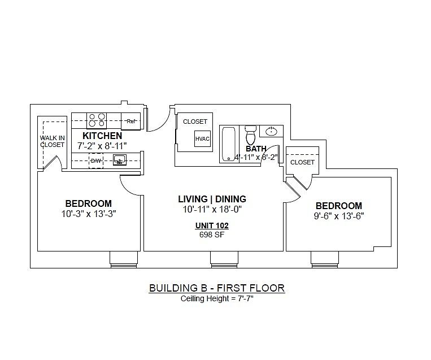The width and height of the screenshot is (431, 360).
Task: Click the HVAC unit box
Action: click(202, 138)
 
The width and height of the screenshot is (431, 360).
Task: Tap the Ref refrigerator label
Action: click(132, 121)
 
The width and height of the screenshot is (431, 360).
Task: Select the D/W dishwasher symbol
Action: click(96, 161)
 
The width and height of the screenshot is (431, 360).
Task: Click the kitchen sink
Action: click(120, 160)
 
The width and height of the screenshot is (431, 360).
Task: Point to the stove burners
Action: click(97, 120)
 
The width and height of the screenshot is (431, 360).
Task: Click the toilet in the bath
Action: click(250, 135)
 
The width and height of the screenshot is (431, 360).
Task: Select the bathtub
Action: click(229, 144)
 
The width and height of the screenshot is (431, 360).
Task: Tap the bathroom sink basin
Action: click(272, 131)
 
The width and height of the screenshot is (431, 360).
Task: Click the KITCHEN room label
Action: click(102, 136)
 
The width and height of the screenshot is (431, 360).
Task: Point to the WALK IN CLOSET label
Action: click(52, 141)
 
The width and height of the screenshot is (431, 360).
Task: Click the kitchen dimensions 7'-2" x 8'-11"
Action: click(102, 145)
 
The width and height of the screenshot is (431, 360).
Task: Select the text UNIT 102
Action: click(212, 225)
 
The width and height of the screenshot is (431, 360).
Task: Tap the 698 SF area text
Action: click(212, 235)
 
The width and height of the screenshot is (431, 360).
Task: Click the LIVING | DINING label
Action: click(212, 199)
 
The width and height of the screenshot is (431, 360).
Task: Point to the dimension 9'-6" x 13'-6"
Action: click(339, 216)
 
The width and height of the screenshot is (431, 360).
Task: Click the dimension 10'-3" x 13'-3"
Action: click(89, 214)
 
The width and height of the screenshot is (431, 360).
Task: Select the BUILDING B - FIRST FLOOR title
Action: click(217, 288)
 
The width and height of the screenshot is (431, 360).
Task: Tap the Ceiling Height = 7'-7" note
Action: click(217, 298)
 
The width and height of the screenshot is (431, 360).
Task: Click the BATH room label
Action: click(256, 149)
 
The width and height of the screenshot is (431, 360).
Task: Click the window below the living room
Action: click(224, 259)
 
